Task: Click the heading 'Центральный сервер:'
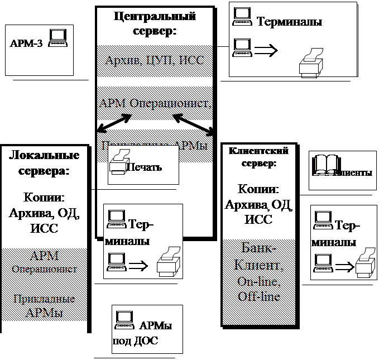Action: point(154,23)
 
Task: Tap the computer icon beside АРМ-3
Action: point(58,37)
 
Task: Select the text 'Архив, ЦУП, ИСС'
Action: point(154,60)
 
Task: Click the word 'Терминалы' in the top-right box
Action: point(289,22)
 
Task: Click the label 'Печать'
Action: point(143,167)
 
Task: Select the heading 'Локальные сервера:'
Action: point(44,163)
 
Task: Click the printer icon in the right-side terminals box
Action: point(363,261)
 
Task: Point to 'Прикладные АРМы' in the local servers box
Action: point(44,305)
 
